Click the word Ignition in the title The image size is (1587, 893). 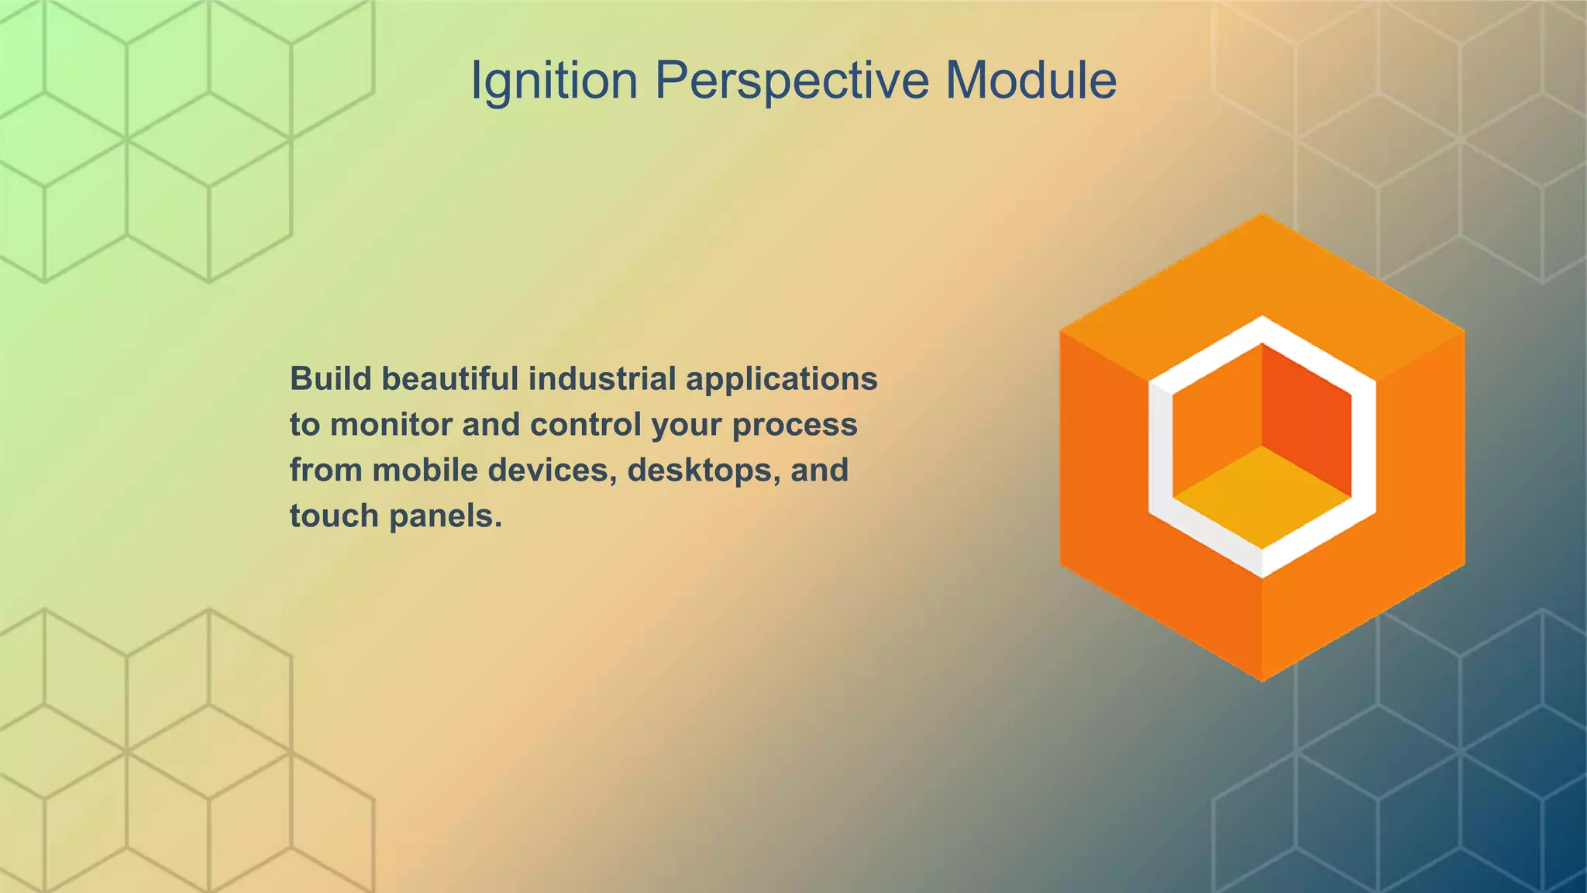554,81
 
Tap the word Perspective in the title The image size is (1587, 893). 791,81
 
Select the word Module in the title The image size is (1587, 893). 1031,81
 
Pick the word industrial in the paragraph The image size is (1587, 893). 602,379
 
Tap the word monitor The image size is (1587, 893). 391,425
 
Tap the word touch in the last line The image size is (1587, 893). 334,516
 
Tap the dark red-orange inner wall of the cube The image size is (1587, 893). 1306,419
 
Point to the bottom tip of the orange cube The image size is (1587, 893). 1262,679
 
